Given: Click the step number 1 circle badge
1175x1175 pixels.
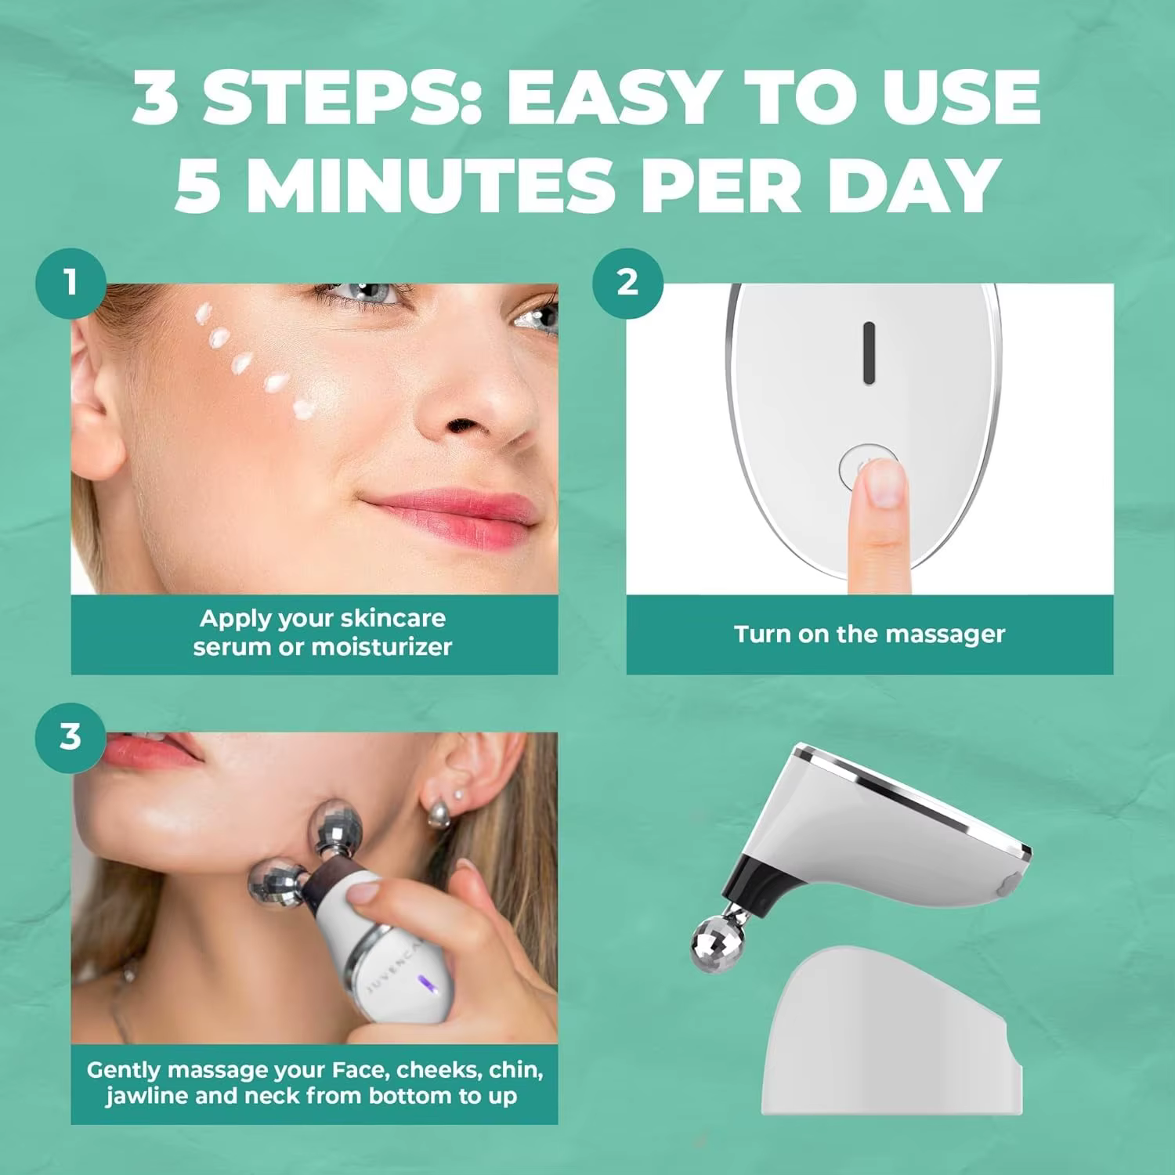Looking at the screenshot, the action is coord(70,283).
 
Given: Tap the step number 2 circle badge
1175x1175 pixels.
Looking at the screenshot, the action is coord(627,283).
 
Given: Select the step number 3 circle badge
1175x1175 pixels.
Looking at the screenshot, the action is coord(70,737).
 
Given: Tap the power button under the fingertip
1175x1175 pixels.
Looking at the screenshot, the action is coord(866,467).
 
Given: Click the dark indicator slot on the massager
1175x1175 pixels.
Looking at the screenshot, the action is coord(868,353).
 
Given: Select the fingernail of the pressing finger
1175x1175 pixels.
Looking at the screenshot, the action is coord(887,482).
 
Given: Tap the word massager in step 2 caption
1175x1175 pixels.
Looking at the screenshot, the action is coord(945,635).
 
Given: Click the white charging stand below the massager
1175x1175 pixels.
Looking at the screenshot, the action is coord(892,1034).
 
